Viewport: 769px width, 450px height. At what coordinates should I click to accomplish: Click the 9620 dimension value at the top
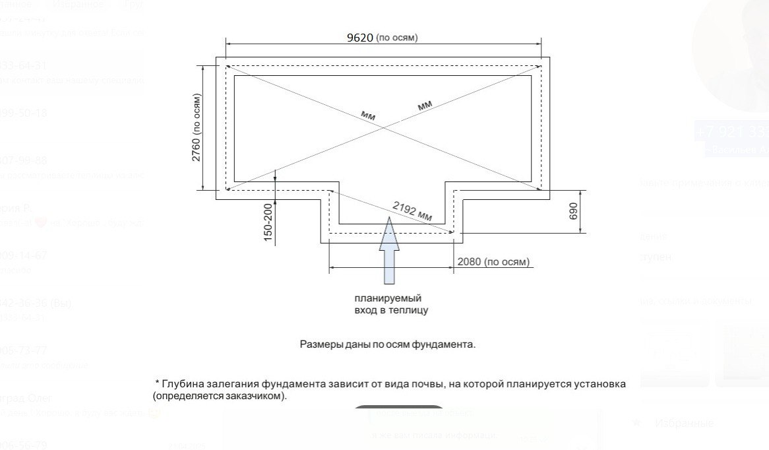359,37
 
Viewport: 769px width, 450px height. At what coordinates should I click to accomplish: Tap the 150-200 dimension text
268,222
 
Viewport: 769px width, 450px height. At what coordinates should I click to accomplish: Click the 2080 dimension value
469,262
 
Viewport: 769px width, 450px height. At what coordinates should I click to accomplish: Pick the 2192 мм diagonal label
412,211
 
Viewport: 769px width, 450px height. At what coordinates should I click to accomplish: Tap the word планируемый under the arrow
387,298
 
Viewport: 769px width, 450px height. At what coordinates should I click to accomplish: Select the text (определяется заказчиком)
220,397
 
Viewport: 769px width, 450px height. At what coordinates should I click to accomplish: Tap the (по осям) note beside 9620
396,38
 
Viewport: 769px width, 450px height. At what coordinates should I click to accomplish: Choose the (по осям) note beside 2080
507,262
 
